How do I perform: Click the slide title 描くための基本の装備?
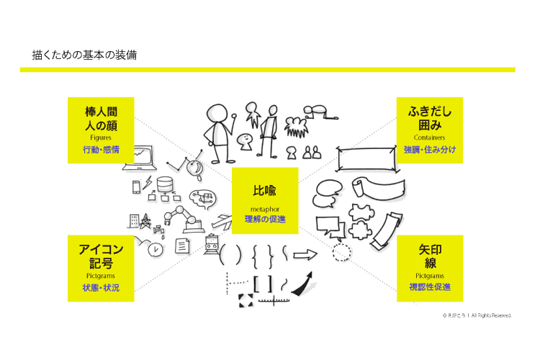pos(84,55)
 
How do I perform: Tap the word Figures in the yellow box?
pos(101,138)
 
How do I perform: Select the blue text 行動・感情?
pos(101,150)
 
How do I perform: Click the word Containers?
pos(429,138)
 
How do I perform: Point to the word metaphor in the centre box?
pos(265,209)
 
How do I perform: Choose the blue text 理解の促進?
pos(265,219)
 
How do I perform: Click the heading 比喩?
pos(264,191)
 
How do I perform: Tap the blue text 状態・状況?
pos(101,288)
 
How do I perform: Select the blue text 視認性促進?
pos(430,287)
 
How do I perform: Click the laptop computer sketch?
pos(141,158)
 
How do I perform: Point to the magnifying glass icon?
pos(195,169)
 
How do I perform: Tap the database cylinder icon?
pos(165,184)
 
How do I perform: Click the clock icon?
pos(156,249)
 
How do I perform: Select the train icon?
pos(211,244)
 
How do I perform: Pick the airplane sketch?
pos(222,221)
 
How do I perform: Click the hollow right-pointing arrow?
pos(305,255)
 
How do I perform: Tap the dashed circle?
pos(341,253)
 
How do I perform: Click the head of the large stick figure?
pos(217,113)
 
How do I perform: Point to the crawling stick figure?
pos(320,112)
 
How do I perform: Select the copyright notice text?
pos(477,315)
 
